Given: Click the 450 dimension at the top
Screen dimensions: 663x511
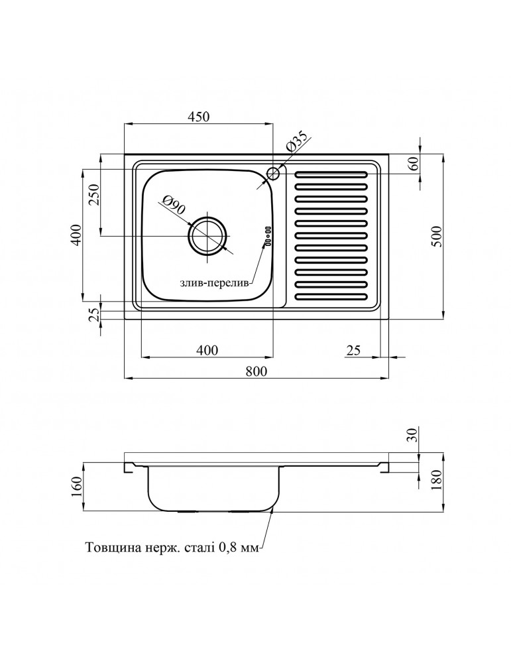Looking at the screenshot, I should tap(199, 117).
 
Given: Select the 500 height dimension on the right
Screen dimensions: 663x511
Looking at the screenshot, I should tap(436, 237).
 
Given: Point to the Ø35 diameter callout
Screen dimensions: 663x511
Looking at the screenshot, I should tap(296, 145).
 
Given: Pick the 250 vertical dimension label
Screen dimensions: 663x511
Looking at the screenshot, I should tap(93, 196).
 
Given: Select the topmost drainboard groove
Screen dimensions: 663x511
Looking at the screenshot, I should tap(331, 174).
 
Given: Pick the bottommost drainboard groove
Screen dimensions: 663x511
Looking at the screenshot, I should tap(331, 296).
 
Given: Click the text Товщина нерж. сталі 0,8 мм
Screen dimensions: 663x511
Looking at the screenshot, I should tap(174, 548).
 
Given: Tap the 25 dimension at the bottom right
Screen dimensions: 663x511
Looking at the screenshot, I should tap(353, 351).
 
